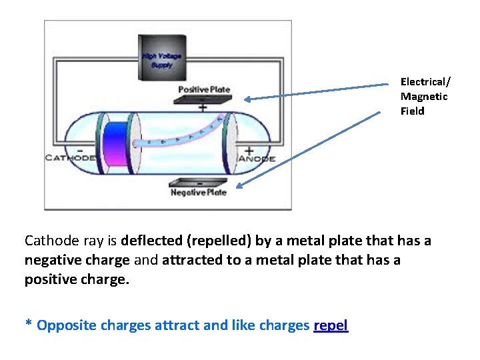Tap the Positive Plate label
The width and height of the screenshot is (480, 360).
[204, 89]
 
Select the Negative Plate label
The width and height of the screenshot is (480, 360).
[199, 193]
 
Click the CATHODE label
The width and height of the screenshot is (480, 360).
[70, 159]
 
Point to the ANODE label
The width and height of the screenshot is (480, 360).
[256, 159]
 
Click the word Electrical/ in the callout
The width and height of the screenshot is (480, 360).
[425, 82]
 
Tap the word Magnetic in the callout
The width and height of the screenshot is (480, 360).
[424, 97]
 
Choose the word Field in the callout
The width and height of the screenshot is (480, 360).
[412, 111]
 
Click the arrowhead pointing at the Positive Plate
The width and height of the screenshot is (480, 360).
[246, 99]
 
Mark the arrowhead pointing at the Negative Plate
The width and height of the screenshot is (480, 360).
[238, 187]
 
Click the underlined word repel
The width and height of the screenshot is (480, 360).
[331, 325]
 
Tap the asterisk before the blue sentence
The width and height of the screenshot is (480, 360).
[29, 324]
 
